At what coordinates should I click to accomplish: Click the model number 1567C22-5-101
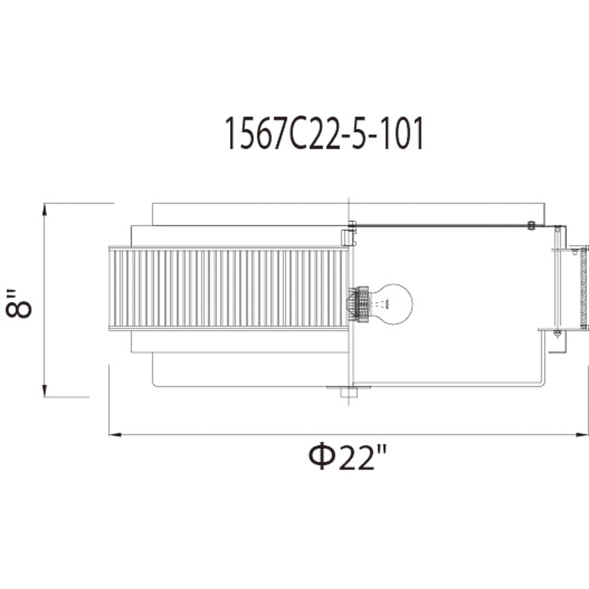pos(324,134)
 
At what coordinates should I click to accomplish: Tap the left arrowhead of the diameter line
pos(115,435)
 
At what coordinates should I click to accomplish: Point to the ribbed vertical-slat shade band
pos(229,288)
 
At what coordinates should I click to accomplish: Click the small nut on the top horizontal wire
pos(531,225)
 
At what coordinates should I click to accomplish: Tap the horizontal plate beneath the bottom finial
pos(348,388)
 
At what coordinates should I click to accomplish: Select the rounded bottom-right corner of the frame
pos(542,384)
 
